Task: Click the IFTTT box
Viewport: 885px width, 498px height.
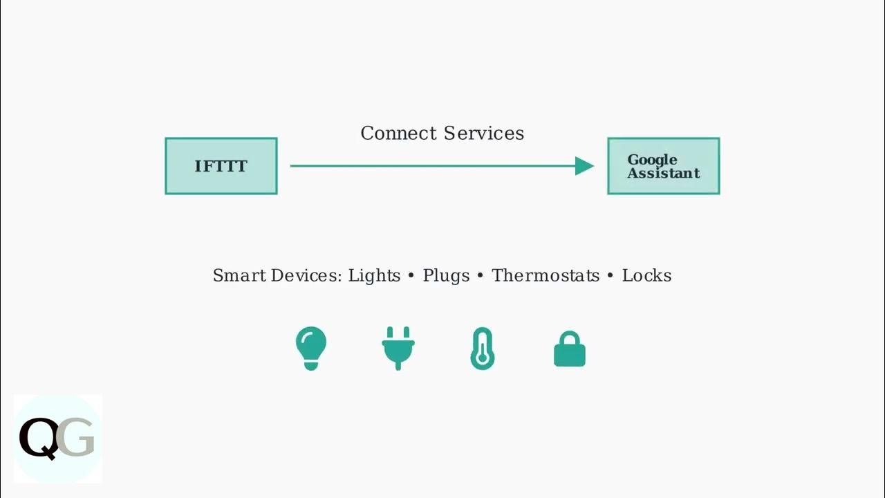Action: [x=221, y=166]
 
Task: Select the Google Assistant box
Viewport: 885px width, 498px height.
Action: [x=664, y=166]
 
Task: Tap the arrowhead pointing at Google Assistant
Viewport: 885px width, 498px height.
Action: [x=584, y=166]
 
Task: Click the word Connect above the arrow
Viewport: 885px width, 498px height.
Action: [x=398, y=133]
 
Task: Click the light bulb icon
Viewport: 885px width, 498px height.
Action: [x=311, y=348]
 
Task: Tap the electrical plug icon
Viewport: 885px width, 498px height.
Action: [x=398, y=348]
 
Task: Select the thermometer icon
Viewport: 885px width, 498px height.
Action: [x=482, y=349]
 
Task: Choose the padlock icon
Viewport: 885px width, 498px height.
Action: [x=570, y=349]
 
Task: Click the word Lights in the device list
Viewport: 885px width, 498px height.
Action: [x=374, y=276]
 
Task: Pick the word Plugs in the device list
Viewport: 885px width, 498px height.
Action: [x=446, y=276]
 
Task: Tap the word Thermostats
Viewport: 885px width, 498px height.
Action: [x=546, y=276]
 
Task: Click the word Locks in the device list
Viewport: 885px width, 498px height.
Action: [x=646, y=276]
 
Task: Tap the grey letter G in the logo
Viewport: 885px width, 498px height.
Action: [x=75, y=437]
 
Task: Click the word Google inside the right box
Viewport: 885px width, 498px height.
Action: [x=652, y=160]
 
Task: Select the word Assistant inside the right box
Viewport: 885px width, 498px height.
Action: [x=664, y=173]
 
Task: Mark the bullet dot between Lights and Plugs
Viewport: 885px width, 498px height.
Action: [x=411, y=276]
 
